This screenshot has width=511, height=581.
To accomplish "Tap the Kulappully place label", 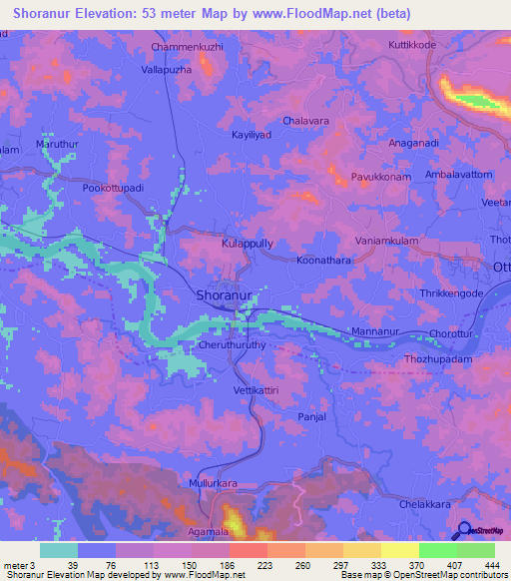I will point(247,243).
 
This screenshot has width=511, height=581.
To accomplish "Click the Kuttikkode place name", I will point(413,45).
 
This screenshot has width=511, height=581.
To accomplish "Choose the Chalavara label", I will point(306,120).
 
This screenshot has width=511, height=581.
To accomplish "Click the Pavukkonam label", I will point(381,177).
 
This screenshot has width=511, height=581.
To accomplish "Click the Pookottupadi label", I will point(114,187).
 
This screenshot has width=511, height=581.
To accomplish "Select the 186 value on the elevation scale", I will point(227,565).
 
